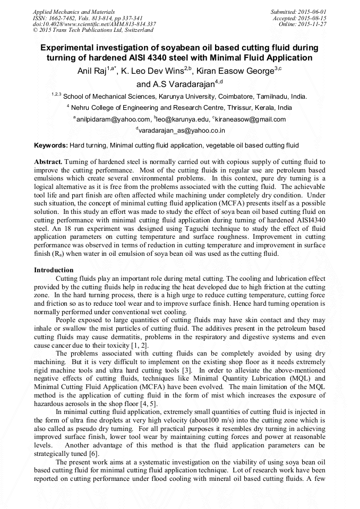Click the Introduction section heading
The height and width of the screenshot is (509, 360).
(x=54, y=270)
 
